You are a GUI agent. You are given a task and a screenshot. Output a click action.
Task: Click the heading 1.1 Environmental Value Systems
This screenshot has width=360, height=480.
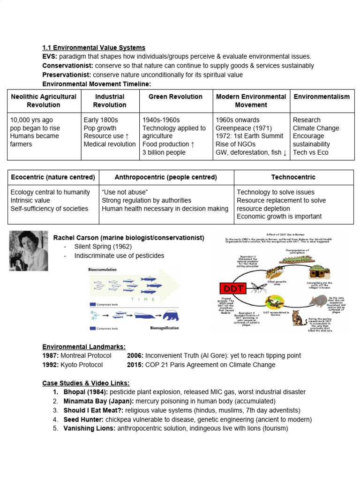click(94, 48)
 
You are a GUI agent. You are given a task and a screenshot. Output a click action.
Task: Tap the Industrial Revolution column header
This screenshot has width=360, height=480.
click(110, 100)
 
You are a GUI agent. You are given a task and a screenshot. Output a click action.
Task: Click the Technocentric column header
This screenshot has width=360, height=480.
click(293, 177)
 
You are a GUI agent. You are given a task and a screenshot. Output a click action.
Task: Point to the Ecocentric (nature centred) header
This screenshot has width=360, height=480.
click(52, 177)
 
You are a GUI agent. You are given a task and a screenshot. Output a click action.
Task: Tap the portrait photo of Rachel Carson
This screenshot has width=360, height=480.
click(29, 250)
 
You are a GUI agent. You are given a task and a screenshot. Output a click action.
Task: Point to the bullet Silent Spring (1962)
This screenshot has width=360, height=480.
click(103, 247)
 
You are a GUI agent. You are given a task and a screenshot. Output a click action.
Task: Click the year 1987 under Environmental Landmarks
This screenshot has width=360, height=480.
click(51, 356)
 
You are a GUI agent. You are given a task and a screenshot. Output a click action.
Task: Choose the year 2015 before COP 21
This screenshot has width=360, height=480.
click(135, 365)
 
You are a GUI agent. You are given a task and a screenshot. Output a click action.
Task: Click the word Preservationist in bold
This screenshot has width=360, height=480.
click(67, 75)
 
